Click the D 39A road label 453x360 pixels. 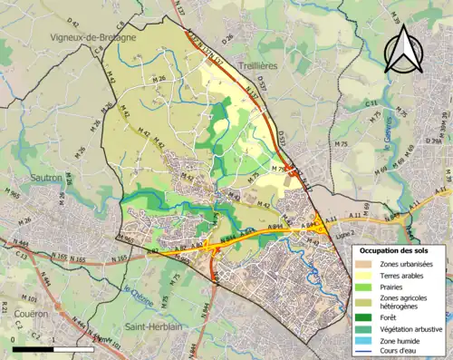pyautogui.click(x=436, y=141)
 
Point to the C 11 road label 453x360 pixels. pyautogui.click(x=371, y=105)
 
